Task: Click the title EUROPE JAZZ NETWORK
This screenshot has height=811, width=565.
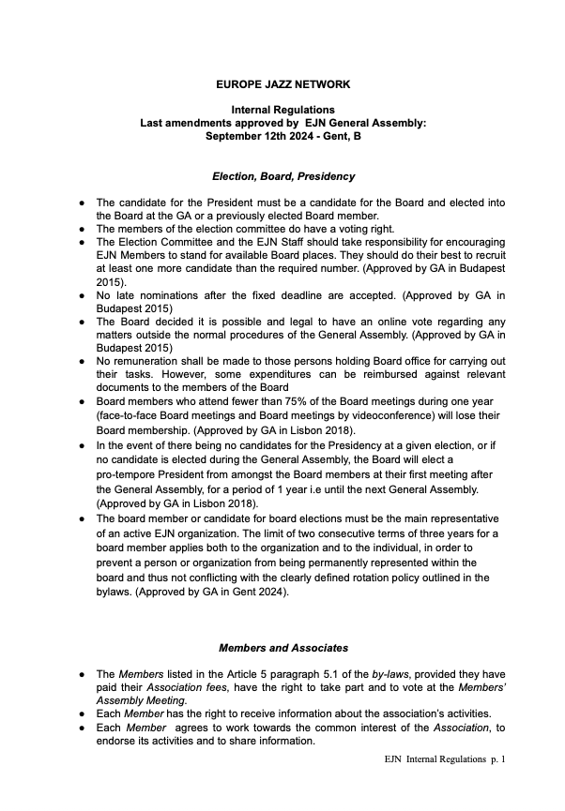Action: point(282,83)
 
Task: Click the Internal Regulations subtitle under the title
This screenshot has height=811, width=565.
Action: point(282,110)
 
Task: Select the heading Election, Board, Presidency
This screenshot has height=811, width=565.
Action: point(282,175)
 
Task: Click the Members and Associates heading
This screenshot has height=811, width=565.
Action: point(282,647)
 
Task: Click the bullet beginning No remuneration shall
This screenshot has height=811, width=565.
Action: point(83,360)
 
